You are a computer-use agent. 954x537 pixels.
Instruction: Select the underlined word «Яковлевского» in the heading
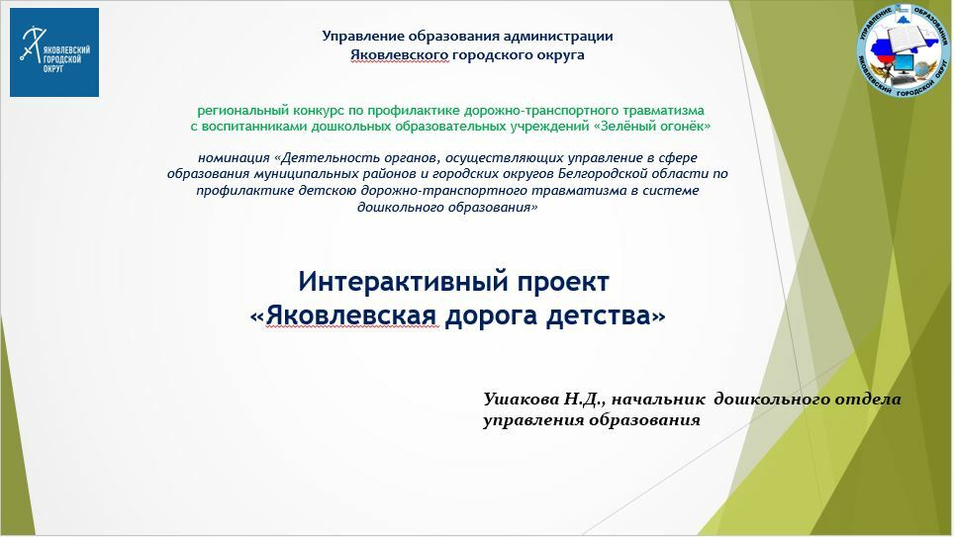point(400,54)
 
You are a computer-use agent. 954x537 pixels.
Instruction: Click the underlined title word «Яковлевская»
point(351,315)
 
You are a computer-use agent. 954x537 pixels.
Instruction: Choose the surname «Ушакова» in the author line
point(521,399)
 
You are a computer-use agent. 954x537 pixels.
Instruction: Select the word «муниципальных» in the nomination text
point(307,174)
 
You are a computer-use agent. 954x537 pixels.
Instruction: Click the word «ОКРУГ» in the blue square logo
point(52,69)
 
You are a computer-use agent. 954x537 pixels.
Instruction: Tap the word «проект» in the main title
point(563,283)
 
